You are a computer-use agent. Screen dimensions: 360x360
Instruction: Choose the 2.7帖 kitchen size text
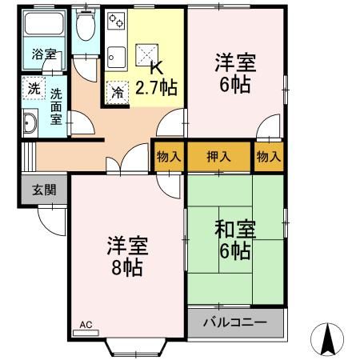point(157,86)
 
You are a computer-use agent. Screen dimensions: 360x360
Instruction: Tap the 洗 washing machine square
point(33,88)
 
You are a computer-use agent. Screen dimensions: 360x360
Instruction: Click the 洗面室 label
point(56,105)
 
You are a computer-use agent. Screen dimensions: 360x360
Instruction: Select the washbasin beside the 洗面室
point(30,124)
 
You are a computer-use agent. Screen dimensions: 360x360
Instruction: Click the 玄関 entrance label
point(44,190)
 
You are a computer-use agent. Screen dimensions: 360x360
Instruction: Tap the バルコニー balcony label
point(237,323)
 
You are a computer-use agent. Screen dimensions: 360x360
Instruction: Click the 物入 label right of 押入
point(270,156)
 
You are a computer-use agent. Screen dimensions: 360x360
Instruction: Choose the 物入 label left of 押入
point(168,156)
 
